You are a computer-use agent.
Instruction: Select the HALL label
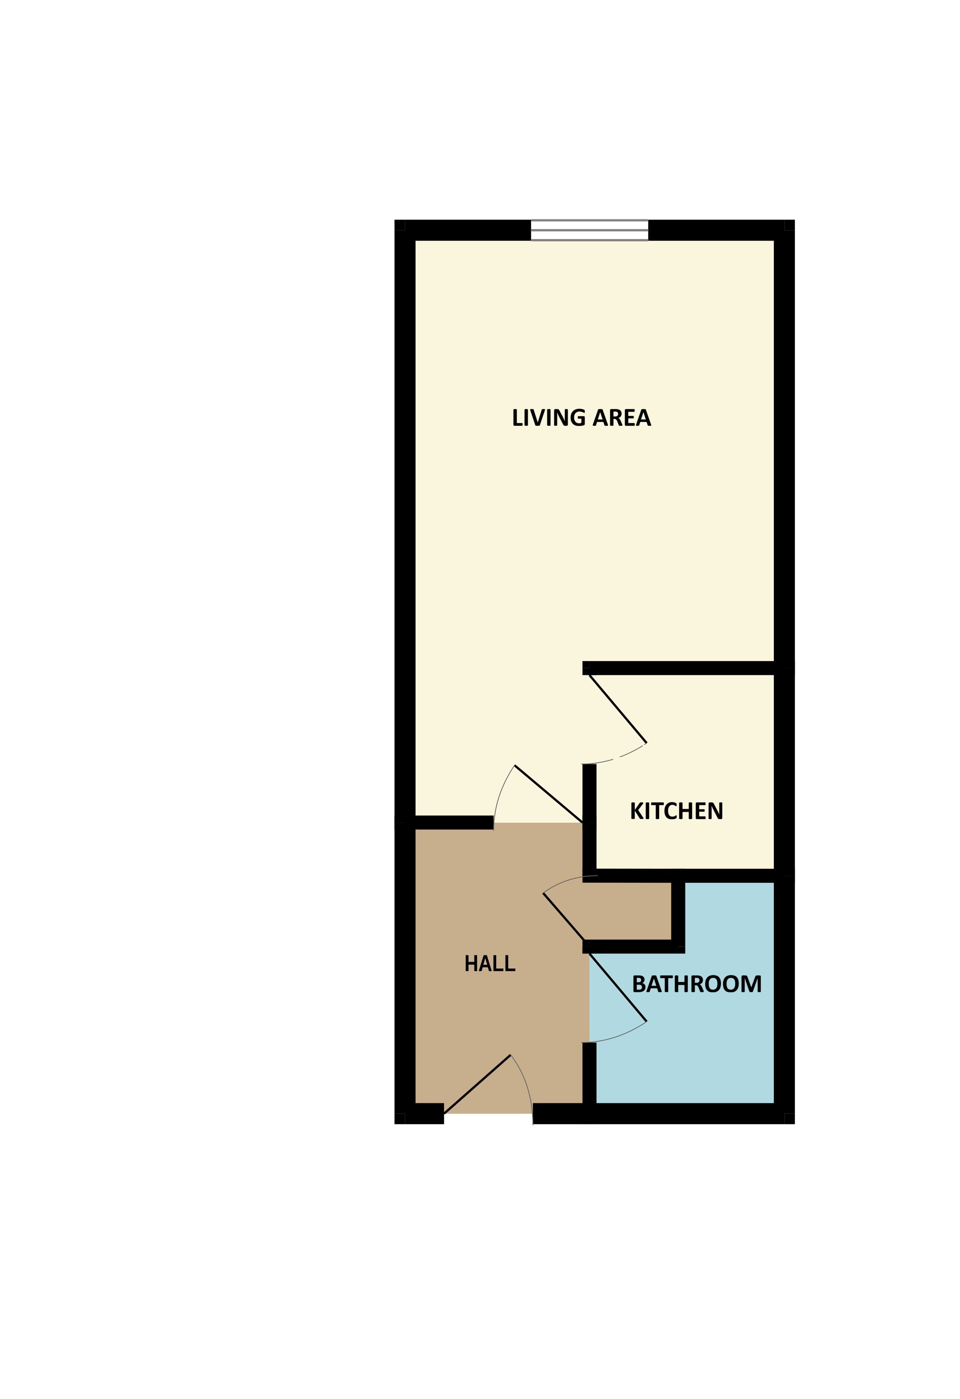(489, 964)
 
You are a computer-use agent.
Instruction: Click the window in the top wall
(589, 230)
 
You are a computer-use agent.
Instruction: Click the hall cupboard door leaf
(563, 916)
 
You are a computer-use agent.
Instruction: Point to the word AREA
(622, 418)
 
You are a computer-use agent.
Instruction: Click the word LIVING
(548, 418)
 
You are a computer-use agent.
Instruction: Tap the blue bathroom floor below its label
(686, 1060)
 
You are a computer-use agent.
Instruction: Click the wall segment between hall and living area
(454, 822)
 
